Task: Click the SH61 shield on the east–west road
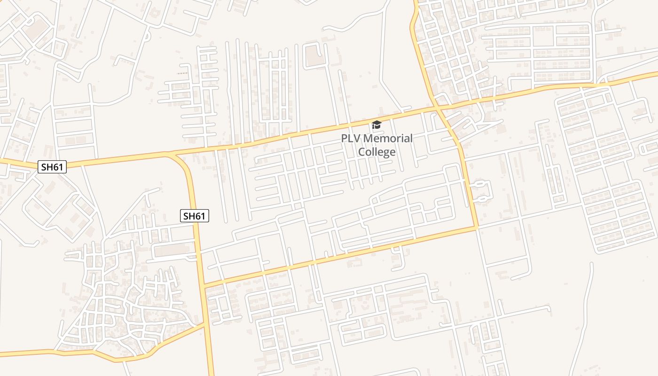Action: (x=52, y=166)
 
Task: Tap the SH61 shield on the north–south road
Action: (x=195, y=216)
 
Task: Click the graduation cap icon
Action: (x=376, y=125)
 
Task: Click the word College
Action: (x=376, y=152)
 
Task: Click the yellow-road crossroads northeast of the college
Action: (x=437, y=108)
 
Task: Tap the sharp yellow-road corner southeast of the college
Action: (x=477, y=228)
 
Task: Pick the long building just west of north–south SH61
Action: (x=172, y=251)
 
